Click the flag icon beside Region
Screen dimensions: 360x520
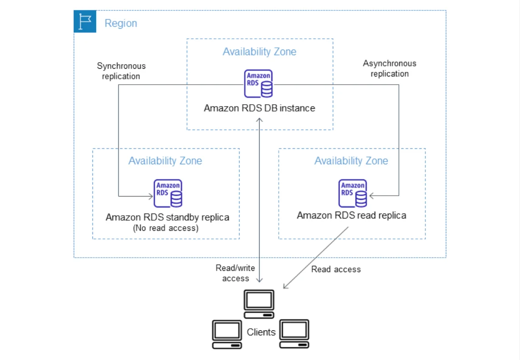coord(85,22)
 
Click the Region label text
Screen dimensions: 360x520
coord(121,23)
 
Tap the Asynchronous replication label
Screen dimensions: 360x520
coord(389,68)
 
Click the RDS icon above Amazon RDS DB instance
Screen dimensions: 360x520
coord(259,84)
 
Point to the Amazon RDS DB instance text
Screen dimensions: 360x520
coord(260,108)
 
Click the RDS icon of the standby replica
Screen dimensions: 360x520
coord(168,193)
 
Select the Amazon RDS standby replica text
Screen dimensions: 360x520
coord(168,217)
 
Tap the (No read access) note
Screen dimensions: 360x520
coord(166,228)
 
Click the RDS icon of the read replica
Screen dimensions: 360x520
coord(353,193)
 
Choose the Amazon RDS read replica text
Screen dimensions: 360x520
coord(351,215)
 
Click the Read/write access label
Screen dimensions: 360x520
coord(235,273)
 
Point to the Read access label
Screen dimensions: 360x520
coord(336,269)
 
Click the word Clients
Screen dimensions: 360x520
coord(261,332)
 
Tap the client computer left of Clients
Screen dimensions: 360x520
coord(227,334)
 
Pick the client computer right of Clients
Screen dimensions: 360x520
coord(294,334)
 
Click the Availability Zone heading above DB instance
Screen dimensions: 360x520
coord(260,52)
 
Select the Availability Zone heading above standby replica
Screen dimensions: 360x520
coord(165,161)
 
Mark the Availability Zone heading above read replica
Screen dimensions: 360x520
coord(351,161)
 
